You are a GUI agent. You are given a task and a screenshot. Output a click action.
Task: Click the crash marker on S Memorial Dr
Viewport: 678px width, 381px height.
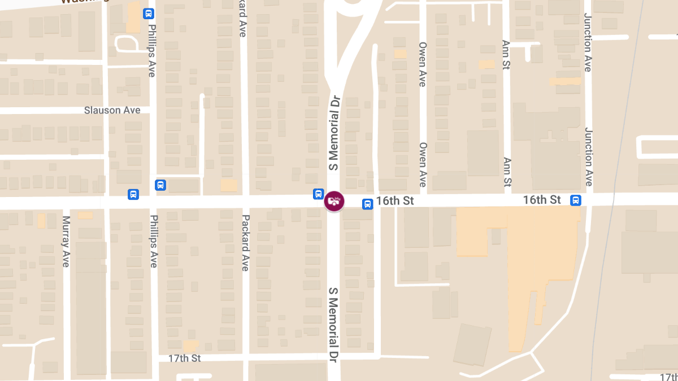pos(334,200)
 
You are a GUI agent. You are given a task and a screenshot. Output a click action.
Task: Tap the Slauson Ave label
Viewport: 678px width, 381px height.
pos(112,110)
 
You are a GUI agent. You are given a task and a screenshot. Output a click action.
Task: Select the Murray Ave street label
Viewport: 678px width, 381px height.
pos(66,242)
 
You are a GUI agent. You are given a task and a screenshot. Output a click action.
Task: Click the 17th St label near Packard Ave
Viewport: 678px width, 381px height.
pos(184,358)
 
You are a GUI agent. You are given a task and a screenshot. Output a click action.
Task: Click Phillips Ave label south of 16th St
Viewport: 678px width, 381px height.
pos(153,242)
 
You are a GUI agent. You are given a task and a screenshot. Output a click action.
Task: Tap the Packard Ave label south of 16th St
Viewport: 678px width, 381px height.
pos(245,243)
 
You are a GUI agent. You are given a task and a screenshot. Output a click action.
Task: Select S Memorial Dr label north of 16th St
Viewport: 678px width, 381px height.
pos(334,133)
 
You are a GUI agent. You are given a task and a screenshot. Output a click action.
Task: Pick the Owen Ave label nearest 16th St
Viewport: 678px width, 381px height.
pos(423,164)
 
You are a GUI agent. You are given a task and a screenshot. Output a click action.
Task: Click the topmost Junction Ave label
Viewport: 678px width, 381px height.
pos(588,42)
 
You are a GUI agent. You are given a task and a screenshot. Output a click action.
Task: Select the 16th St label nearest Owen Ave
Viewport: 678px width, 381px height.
pos(395,202)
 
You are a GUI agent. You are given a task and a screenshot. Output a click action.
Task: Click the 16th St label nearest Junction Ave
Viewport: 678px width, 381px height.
pos(542,200)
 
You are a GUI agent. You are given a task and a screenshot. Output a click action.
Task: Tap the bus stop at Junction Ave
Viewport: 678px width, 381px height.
pos(576,200)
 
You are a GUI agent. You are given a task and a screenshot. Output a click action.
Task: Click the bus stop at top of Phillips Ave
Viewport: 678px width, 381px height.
pos(149,14)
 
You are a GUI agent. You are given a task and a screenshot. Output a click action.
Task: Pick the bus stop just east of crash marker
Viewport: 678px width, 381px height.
pos(367,204)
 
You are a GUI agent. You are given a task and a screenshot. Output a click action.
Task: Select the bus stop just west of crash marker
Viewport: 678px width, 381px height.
pos(318,194)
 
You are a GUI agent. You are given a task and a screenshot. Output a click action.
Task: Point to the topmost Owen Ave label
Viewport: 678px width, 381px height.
pos(422,63)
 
